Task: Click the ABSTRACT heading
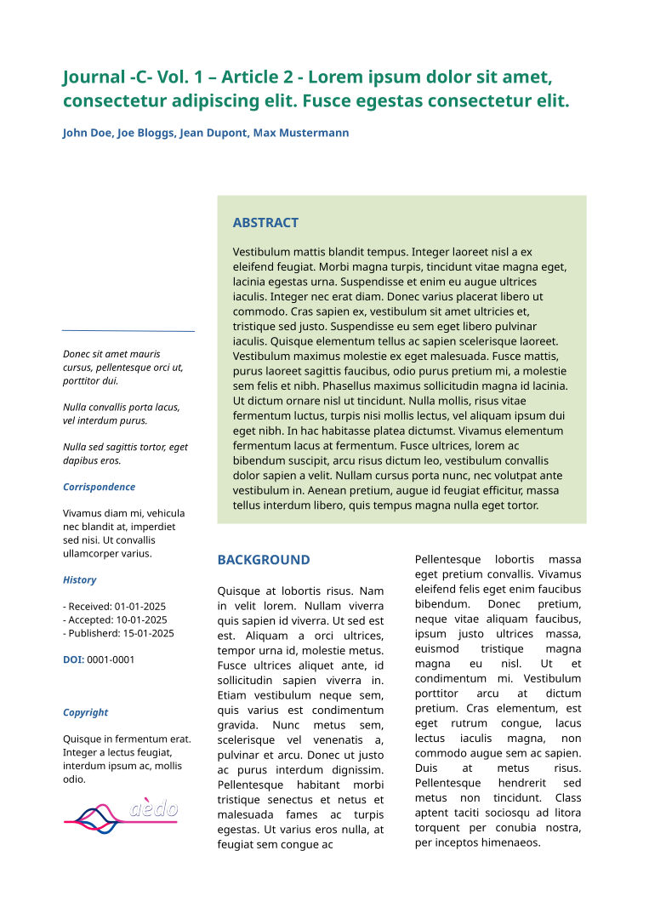[265, 223]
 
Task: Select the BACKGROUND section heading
[264, 560]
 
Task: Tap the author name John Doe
[87, 133]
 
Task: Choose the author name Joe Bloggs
[146, 133]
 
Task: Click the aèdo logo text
[154, 808]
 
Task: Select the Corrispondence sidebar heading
[99, 487]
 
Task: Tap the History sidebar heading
[79, 579]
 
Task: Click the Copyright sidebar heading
[85, 712]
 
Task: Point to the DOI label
[73, 659]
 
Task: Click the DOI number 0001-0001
[111, 659]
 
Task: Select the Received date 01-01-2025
[140, 607]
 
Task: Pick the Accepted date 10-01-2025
[141, 620]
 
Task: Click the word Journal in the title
[94, 77]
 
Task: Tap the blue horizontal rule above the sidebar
[128, 330]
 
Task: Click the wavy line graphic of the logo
[94, 819]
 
